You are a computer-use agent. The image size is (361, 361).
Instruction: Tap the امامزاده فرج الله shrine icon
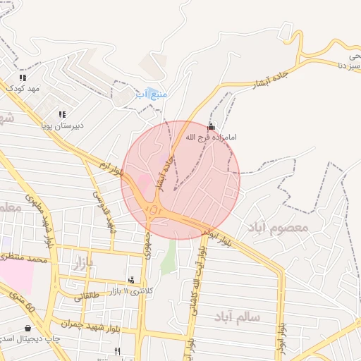click(x=212, y=126)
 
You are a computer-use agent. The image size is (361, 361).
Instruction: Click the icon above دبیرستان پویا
click(x=62, y=114)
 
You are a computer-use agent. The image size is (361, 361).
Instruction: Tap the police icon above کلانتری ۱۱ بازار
click(x=130, y=280)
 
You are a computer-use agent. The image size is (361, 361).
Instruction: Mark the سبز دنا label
click(x=351, y=66)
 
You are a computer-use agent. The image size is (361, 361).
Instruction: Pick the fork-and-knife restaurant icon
click(x=117, y=351)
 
